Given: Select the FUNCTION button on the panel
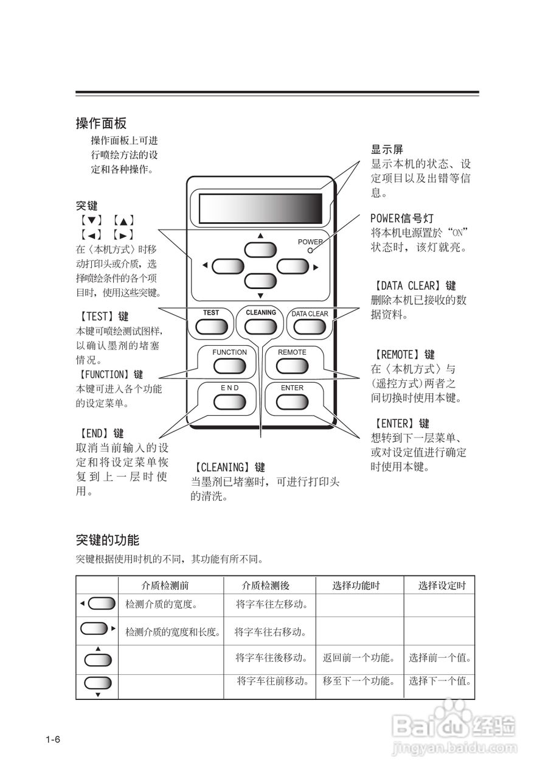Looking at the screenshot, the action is (229, 365).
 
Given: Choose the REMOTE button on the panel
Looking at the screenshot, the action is (292, 365).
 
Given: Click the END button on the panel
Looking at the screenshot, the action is (229, 400).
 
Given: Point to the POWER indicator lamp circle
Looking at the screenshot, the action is (310, 250).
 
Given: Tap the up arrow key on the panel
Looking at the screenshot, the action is (260, 250).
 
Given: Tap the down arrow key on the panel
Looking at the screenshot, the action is (260, 281).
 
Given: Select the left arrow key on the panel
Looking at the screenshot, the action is (228, 265).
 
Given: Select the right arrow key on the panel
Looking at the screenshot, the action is (293, 265).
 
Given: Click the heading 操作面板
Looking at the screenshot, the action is (101, 124).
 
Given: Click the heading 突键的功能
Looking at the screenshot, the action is (108, 540).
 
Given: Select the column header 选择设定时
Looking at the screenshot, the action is (442, 585).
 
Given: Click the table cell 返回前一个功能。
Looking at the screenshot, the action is (359, 658).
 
